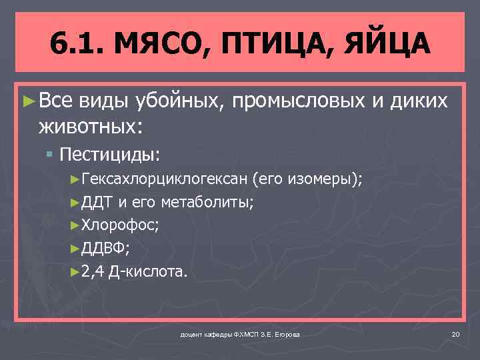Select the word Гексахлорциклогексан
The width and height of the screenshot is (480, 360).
click(164, 180)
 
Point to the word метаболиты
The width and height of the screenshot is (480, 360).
click(206, 203)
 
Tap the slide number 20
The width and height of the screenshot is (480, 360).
click(455, 333)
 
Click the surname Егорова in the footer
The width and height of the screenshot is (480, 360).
click(284, 334)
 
